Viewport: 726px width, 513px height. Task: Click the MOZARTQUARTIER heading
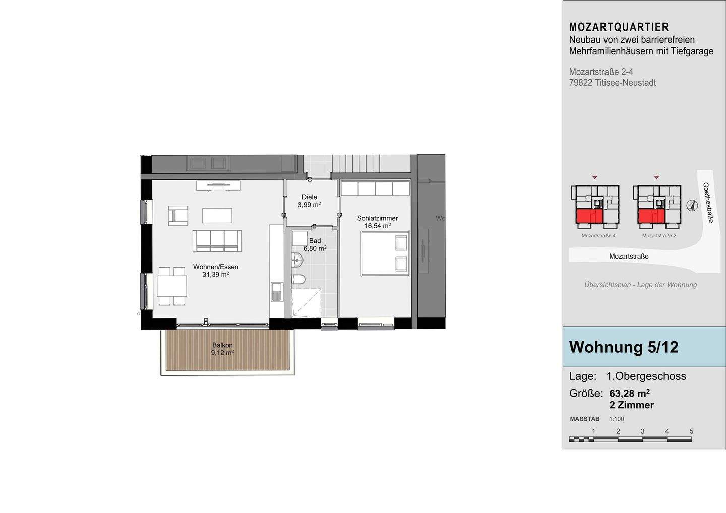coord(619,27)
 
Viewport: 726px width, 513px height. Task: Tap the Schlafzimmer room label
coord(378,218)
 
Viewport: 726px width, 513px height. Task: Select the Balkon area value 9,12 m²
coord(223,352)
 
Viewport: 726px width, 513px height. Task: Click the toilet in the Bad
coord(298,280)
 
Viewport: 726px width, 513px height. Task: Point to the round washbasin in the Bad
coord(297,260)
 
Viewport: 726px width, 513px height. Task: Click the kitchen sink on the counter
coord(277,292)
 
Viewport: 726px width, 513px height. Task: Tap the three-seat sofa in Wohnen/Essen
coord(217,241)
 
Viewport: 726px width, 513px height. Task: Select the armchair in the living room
coord(178,215)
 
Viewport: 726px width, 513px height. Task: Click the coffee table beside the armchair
coord(217,215)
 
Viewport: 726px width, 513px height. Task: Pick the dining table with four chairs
coord(172,286)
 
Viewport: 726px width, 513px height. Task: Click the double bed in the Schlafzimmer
coord(386,253)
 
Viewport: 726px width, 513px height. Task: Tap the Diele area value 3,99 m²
coord(310,205)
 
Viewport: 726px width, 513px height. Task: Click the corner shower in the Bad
coord(307,303)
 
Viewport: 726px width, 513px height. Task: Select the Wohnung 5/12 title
coord(624,347)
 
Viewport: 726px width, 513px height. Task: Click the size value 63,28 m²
coord(629,393)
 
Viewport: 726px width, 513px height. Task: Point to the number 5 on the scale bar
coord(691,431)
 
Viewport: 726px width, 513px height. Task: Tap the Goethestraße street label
coord(708,203)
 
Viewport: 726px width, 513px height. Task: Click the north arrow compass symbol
coord(692,206)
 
